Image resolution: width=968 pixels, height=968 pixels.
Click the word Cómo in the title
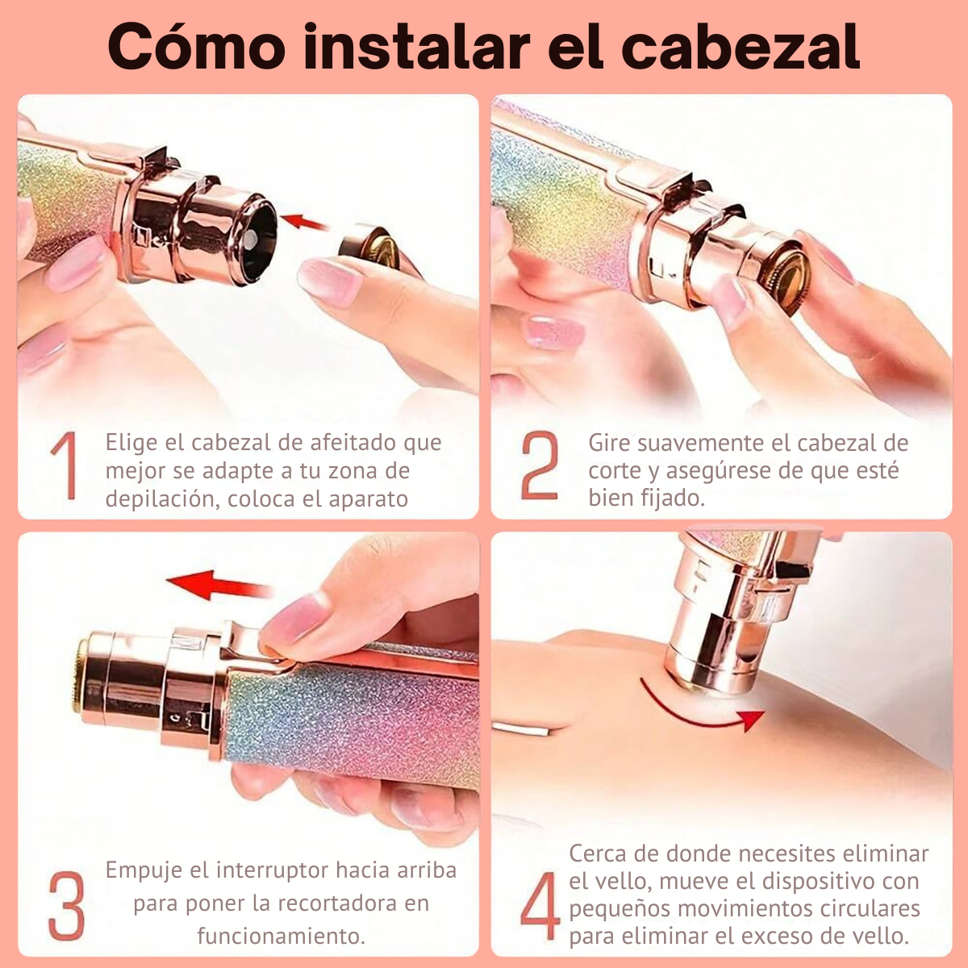click(x=196, y=46)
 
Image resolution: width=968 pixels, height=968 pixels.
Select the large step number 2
click(x=540, y=465)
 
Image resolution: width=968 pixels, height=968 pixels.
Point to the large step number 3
click(x=66, y=905)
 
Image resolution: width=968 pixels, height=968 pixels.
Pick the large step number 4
click(x=540, y=905)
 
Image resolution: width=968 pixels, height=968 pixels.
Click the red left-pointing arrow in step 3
click(x=219, y=585)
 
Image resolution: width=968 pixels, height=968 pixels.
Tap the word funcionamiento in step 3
click(x=281, y=937)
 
